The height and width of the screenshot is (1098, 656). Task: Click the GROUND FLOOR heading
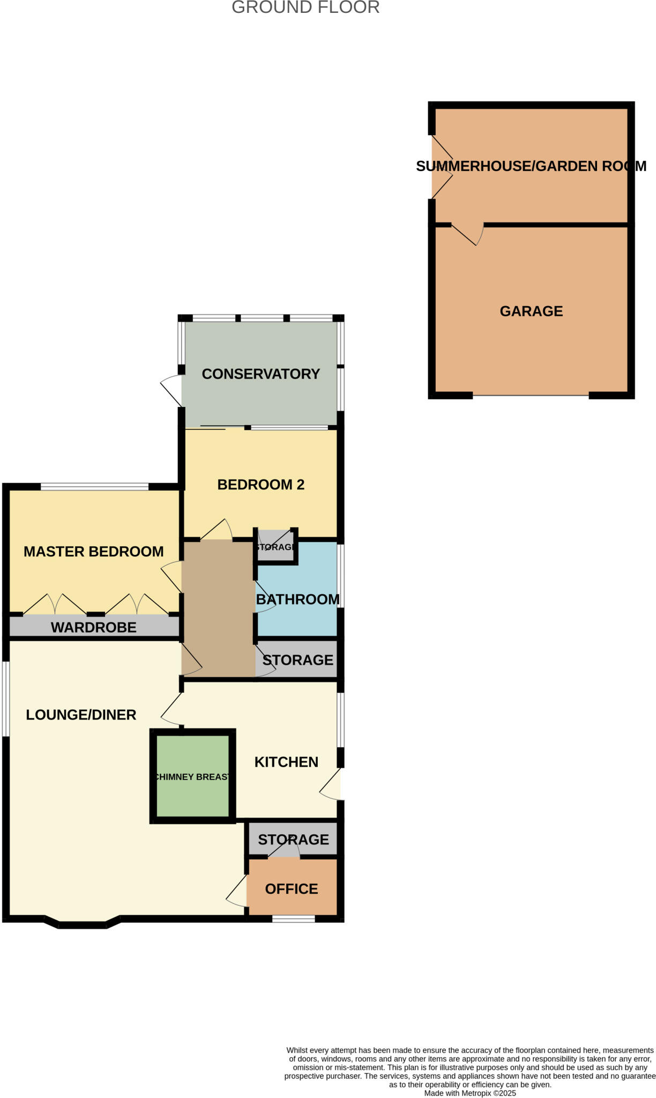click(x=305, y=8)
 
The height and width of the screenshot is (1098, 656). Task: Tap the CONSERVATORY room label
click(x=260, y=374)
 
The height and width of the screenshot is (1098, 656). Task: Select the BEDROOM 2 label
click(x=260, y=485)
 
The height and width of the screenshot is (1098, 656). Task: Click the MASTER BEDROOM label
click(x=94, y=552)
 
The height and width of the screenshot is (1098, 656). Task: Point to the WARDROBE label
click(x=94, y=627)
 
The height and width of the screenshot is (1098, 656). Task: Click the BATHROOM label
click(x=297, y=599)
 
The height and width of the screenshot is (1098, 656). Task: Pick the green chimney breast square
click(x=192, y=776)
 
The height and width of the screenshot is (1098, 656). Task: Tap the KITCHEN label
click(x=286, y=762)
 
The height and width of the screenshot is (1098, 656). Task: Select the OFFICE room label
click(x=292, y=889)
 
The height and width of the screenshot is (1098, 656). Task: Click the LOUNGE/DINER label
click(x=81, y=715)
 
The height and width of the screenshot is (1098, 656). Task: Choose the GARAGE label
click(x=531, y=311)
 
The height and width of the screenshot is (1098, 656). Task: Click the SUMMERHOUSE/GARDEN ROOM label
click(x=531, y=166)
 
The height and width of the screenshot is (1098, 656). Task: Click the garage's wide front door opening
click(x=531, y=396)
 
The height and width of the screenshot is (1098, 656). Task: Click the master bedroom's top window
click(x=94, y=487)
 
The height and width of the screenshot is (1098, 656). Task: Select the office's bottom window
click(x=293, y=919)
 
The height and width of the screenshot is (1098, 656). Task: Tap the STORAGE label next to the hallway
click(x=297, y=660)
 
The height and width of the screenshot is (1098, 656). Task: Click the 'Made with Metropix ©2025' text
click(x=470, y=1093)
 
